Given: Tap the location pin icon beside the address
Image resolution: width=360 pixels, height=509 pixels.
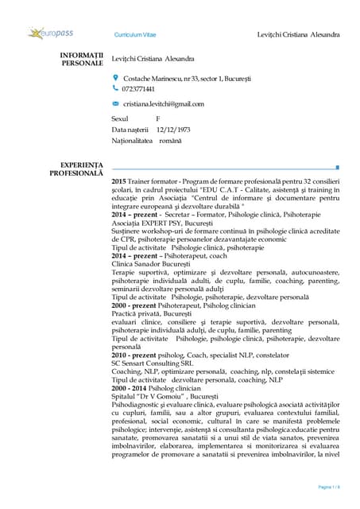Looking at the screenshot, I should coord(115,78).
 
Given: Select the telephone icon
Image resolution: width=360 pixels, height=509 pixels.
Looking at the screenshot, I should coord(115,88).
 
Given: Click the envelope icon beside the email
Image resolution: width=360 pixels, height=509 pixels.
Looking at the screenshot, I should coord(115,103).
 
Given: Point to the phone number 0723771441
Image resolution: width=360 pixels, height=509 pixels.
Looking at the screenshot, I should coord(139,89).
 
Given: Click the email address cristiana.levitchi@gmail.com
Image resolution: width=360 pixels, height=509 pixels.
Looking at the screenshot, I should coord(164,104).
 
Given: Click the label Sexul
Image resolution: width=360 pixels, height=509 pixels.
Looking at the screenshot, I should coord(121,118).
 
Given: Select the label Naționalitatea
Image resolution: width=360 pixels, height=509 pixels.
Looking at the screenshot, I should coord(136,141).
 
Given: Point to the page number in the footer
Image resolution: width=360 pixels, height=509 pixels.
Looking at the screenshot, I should coord(328,487).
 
